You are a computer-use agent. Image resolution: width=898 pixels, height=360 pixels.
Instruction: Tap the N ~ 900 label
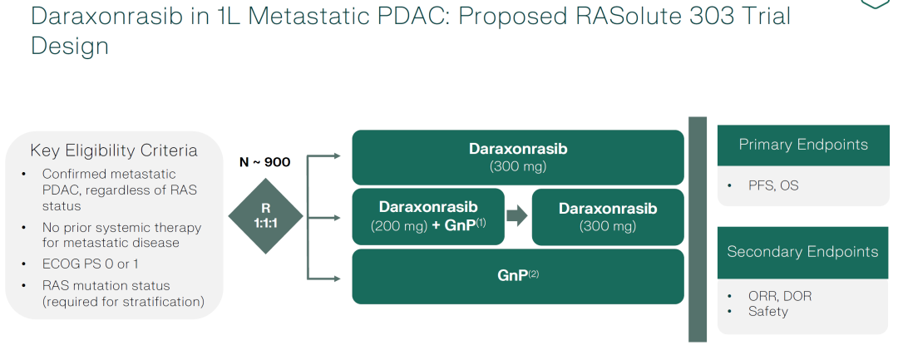point(264,162)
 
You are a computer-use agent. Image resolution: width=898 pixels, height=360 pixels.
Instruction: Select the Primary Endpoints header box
point(802,145)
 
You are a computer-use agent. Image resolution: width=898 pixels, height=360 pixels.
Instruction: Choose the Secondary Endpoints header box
point(802,252)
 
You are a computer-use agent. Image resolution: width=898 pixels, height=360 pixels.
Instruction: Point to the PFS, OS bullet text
point(773,185)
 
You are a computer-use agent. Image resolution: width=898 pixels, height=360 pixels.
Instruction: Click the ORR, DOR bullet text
point(780,296)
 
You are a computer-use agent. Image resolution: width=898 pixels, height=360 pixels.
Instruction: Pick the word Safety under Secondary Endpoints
point(767,311)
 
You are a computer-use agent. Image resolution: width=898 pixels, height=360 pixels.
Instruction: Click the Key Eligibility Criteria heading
point(114,150)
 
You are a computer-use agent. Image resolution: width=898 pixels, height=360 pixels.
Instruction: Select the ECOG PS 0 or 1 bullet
point(91,264)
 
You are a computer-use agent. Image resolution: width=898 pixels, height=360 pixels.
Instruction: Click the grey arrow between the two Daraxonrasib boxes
point(517,216)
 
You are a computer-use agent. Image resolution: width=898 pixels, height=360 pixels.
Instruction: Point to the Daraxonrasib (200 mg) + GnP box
point(428,216)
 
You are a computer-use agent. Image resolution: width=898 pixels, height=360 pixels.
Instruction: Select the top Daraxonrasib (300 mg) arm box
point(518,157)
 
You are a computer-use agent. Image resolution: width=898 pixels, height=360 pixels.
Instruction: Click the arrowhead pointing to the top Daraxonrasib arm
point(336,155)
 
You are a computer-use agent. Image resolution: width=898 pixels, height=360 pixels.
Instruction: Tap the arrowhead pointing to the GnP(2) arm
point(336,277)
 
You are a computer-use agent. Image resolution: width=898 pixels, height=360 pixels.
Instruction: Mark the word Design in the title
point(70,47)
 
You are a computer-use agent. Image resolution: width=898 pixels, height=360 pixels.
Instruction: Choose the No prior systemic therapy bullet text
point(121,234)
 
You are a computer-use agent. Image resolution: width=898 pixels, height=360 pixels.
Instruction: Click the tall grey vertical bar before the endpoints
point(697,229)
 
